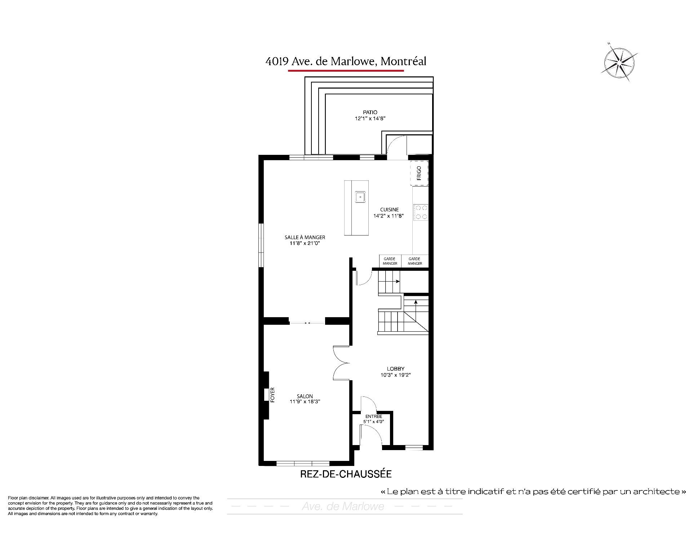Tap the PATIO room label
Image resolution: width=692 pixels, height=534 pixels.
click(370, 112)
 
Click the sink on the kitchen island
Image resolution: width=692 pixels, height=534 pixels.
click(360, 197)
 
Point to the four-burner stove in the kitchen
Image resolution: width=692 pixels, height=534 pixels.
click(421, 212)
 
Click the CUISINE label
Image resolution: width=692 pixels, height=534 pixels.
click(389, 210)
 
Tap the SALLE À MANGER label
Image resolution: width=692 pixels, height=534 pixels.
click(305, 237)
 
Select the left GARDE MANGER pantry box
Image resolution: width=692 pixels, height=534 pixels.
click(390, 261)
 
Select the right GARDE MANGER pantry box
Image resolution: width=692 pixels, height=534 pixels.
click(415, 261)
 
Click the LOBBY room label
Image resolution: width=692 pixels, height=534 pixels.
click(396, 369)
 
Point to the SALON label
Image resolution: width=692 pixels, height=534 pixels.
click(305, 396)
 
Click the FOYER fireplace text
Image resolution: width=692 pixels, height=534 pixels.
click(272, 395)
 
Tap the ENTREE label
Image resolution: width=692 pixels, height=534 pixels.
click(374, 417)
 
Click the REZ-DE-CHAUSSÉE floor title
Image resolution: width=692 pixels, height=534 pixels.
click(346, 474)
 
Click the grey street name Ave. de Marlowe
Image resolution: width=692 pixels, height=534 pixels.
click(343, 507)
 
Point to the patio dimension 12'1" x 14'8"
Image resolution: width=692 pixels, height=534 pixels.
click(370, 118)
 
